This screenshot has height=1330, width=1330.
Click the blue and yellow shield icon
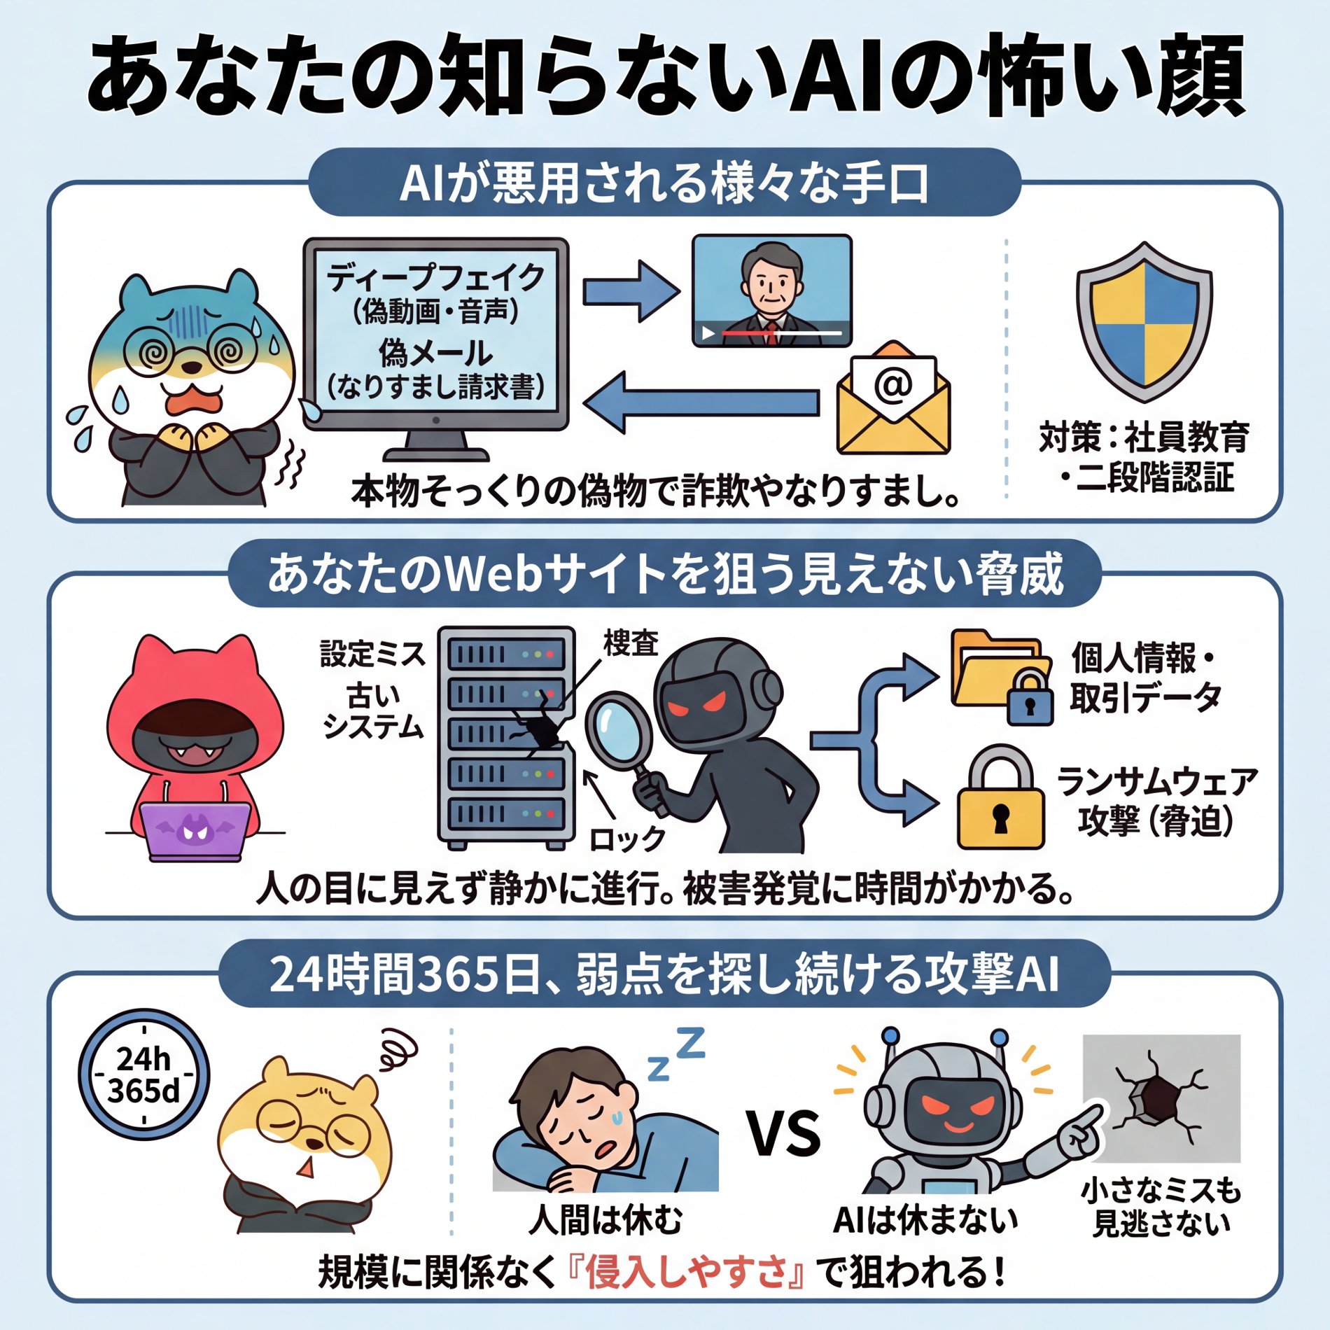[x=1144, y=322]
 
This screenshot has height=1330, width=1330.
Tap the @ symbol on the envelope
[x=893, y=384]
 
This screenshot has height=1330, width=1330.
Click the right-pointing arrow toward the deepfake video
[x=630, y=291]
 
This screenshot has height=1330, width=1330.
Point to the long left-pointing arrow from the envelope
[x=700, y=402]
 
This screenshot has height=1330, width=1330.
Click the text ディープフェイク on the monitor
[x=435, y=277]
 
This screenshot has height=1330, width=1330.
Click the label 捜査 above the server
[x=631, y=643]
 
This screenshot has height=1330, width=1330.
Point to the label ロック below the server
[x=626, y=838]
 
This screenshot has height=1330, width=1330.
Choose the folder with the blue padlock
[x=1001, y=675]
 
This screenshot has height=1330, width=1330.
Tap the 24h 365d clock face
[x=143, y=1074]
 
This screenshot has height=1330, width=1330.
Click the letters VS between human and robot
[x=785, y=1134]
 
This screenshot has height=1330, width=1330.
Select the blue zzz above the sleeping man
[x=675, y=1053]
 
